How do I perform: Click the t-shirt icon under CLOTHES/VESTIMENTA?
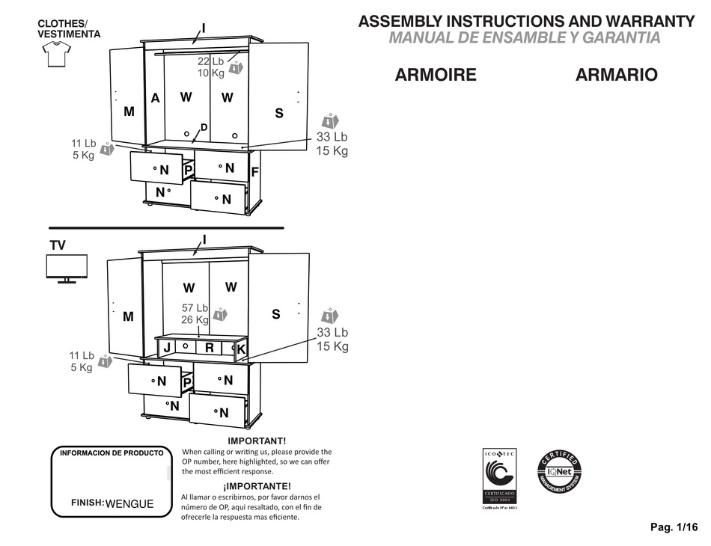pyautogui.click(x=57, y=55)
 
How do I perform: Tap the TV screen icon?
pyautogui.click(x=67, y=269)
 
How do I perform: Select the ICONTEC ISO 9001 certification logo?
pyautogui.click(x=499, y=478)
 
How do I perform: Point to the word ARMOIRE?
pyautogui.click(x=436, y=75)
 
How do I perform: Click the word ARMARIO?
pyautogui.click(x=617, y=75)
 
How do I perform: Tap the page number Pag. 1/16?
pyautogui.click(x=673, y=527)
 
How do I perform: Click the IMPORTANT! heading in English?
pyautogui.click(x=257, y=441)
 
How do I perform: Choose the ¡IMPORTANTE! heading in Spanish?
pyautogui.click(x=257, y=485)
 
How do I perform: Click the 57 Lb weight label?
pyautogui.click(x=195, y=307)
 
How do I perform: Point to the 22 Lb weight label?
pyautogui.click(x=211, y=61)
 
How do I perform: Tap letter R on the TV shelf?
pyautogui.click(x=210, y=347)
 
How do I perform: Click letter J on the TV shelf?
pyautogui.click(x=166, y=347)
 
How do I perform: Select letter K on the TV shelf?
pyautogui.click(x=241, y=349)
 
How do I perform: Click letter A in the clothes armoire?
pyautogui.click(x=155, y=98)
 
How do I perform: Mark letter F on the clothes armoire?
pyautogui.click(x=254, y=172)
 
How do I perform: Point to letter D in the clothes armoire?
pyautogui.click(x=204, y=127)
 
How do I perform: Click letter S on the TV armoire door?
pyautogui.click(x=275, y=315)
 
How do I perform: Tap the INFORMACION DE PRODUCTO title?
pyautogui.click(x=111, y=453)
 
